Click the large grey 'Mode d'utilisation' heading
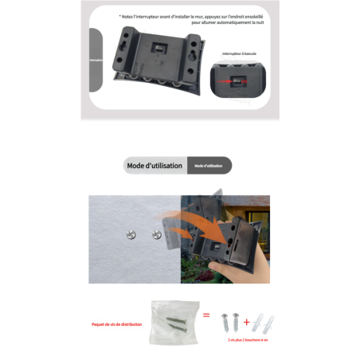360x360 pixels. [x=155, y=166]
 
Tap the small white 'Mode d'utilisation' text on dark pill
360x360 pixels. [x=209, y=166]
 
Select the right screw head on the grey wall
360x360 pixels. [x=151, y=234]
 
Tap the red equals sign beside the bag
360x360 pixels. [x=206, y=316]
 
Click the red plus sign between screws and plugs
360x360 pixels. [x=247, y=323]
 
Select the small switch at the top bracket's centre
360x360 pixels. [x=157, y=47]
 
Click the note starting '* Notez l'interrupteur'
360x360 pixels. [x=195, y=15]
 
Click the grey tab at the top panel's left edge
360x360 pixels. [x=95, y=60]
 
